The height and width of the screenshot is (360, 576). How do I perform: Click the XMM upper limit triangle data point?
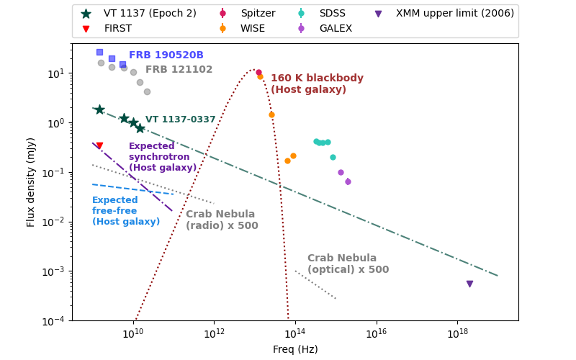pos(469,284)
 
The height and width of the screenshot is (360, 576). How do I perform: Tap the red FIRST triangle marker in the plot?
pos(99,146)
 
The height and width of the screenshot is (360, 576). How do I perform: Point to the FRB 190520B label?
pos(166,55)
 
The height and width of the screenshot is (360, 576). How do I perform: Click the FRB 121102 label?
pos(179,70)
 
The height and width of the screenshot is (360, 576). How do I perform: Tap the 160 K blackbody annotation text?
pos(317,84)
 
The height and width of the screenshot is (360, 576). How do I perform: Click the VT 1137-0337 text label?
pos(181,120)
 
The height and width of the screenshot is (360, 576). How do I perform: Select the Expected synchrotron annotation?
pos(162,157)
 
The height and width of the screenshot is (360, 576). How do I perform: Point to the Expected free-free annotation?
pos(125,211)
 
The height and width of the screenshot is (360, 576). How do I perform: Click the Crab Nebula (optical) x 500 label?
pos(348,264)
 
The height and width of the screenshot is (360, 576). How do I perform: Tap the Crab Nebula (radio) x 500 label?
pos(222,220)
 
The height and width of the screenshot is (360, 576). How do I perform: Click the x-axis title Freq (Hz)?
pos(295,349)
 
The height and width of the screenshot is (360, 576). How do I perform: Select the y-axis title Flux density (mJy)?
pos(31,182)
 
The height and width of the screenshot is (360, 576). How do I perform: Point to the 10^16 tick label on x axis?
pos(377,333)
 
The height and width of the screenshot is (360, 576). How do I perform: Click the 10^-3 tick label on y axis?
pos(57,271)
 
